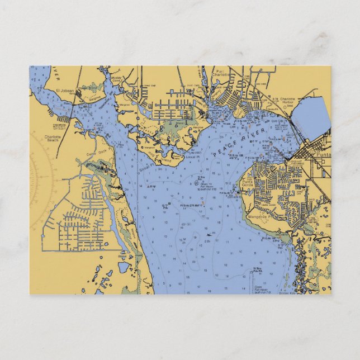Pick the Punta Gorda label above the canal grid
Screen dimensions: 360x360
248,182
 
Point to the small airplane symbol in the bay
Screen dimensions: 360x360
209,235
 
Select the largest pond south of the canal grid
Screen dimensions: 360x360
124,267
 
